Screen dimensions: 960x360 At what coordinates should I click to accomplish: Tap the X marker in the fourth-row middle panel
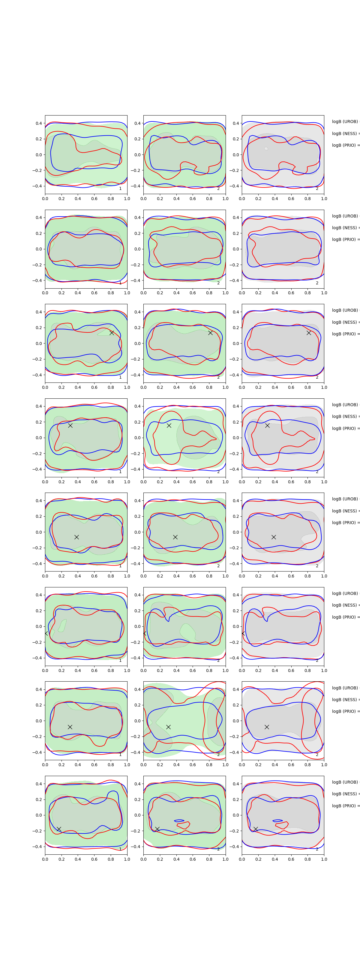click(169, 425)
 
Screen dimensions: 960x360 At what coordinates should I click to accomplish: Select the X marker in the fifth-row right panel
click(274, 537)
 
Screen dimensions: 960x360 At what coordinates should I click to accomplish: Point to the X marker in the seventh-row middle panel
click(168, 727)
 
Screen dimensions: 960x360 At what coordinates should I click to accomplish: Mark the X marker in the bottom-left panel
click(59, 829)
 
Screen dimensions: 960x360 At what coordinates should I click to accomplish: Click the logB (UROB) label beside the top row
click(345, 121)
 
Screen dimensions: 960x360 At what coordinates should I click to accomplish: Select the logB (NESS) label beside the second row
click(345, 228)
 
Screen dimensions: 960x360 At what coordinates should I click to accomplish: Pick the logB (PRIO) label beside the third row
click(345, 334)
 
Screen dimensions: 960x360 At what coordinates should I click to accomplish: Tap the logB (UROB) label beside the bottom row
click(345, 782)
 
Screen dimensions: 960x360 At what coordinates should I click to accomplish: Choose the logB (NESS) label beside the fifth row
click(345, 511)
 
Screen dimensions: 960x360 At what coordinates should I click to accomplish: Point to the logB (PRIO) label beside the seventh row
click(345, 711)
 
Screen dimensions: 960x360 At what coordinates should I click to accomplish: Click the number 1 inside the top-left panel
click(120, 189)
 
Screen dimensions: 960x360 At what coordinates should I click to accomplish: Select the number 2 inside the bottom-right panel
click(317, 849)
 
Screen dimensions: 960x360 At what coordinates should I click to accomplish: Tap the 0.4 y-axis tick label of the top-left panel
click(39, 123)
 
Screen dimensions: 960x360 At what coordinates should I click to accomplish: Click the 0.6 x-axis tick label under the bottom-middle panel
click(193, 859)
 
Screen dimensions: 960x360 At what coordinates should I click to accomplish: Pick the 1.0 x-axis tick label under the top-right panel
click(324, 199)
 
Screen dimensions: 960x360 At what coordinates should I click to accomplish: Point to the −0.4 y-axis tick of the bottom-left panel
click(37, 847)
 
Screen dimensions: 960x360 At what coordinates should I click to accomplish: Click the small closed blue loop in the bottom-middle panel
click(179, 820)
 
